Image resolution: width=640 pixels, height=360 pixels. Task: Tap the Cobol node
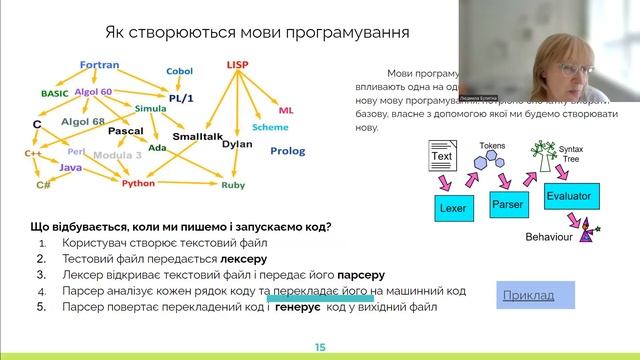click(x=179, y=72)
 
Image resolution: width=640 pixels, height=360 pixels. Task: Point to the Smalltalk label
click(x=197, y=134)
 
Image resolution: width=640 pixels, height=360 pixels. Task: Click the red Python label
click(x=139, y=184)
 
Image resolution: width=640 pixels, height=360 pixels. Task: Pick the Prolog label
click(x=287, y=150)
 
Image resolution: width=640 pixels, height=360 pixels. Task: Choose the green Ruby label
click(x=233, y=185)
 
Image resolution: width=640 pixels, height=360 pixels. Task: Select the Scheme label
click(x=270, y=128)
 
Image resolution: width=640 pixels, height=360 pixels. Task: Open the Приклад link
click(x=538, y=295)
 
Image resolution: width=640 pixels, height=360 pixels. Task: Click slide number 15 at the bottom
click(x=320, y=347)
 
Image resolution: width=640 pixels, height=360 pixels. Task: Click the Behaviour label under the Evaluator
click(x=554, y=238)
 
